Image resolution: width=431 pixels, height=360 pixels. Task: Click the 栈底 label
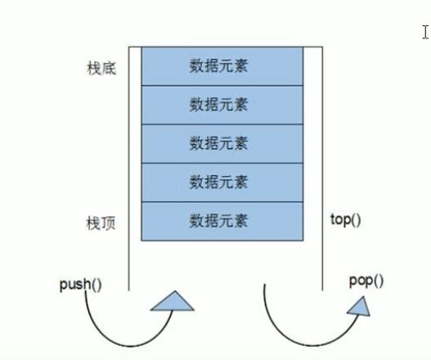click(x=101, y=68)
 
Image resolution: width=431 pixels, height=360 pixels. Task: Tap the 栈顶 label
click(x=101, y=223)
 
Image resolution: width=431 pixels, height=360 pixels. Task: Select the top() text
click(x=345, y=220)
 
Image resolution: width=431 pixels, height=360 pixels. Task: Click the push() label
click(x=80, y=285)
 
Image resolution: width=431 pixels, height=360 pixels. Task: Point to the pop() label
click(x=366, y=281)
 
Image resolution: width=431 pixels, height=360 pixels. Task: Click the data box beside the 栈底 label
click(x=222, y=66)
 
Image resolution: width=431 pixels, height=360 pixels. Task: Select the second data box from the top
click(x=222, y=105)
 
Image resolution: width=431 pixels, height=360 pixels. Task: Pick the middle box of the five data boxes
click(x=222, y=144)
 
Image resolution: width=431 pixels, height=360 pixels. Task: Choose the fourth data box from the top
click(x=222, y=182)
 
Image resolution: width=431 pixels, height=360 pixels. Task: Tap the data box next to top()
click(x=222, y=222)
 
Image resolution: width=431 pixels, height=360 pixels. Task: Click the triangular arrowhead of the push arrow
click(x=173, y=303)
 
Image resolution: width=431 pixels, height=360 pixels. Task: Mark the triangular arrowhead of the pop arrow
click(x=360, y=307)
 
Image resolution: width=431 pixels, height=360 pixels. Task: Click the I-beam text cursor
click(x=425, y=32)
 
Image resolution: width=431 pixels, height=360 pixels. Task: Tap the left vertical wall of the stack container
click(x=128, y=169)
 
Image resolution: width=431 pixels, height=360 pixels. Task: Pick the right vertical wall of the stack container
click(x=322, y=169)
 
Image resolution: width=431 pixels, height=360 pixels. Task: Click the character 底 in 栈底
click(x=109, y=68)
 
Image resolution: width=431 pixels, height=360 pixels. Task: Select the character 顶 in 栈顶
click(x=109, y=223)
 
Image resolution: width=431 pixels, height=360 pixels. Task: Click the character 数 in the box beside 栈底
click(x=196, y=66)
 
